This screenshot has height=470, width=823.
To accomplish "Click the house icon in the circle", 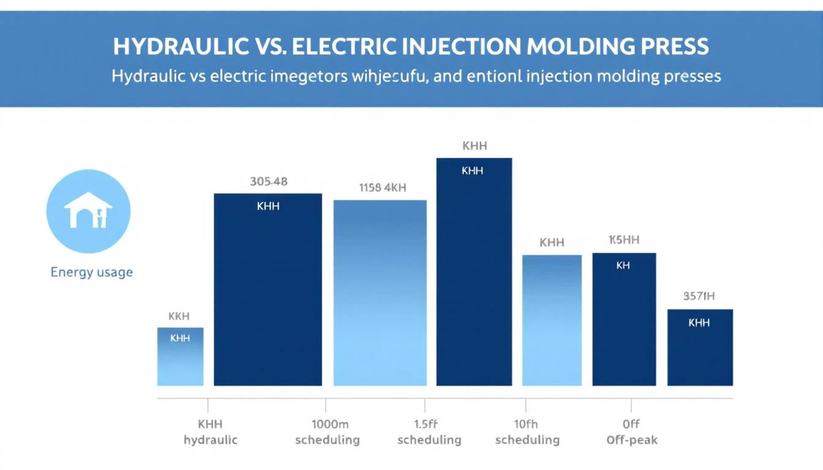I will point(88,211).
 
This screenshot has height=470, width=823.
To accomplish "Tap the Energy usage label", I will point(91,272).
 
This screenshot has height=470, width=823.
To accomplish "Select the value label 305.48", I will point(269,181).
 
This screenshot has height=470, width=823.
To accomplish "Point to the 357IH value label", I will point(699,297).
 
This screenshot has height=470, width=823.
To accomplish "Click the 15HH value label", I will point(623,240).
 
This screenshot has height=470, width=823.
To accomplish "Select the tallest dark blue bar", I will point(473,275).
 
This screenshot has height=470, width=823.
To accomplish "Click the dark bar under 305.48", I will point(268,294).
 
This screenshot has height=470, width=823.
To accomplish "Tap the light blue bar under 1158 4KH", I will point(380,294).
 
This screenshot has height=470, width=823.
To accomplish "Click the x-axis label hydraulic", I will point(210,440).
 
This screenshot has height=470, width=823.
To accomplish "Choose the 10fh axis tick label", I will point(525,423).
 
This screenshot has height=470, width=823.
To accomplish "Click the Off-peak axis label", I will point(631,440).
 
